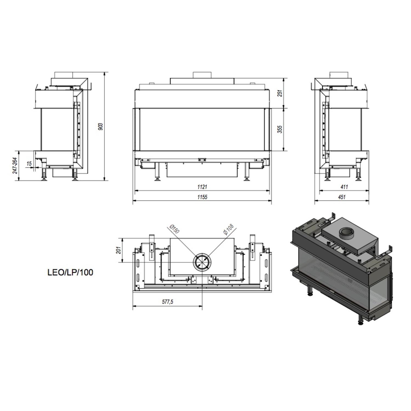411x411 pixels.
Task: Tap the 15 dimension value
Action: pos(29,164)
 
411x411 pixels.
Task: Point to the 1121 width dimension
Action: pos(202,187)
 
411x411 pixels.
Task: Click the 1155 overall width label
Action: pos(202,197)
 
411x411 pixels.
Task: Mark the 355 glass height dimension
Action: pos(280,129)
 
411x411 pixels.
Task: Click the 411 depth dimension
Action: pos(344,187)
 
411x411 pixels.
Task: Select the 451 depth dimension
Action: pos(342,197)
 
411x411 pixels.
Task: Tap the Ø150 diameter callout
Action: pos(174,229)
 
